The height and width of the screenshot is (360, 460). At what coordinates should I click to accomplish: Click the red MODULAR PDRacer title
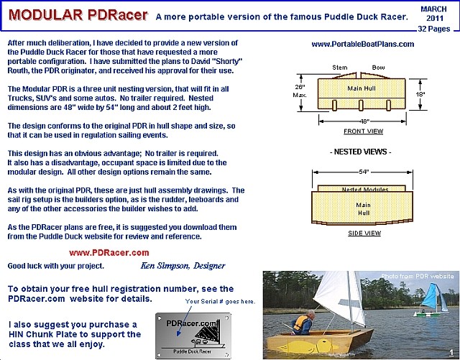pos(78,15)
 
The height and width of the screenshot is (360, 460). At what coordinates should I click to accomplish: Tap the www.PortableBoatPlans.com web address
pos(362,45)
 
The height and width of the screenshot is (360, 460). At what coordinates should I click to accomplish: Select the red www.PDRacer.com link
pos(109,253)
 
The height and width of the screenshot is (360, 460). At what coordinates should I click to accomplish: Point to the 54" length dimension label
pos(364,172)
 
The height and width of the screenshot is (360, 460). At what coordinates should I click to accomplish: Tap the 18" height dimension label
pos(420,94)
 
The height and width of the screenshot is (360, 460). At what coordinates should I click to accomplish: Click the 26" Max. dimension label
pos(300,91)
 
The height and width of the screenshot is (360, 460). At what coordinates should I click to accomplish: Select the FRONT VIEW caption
pos(363,131)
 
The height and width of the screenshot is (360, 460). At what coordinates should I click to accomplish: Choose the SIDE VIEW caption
pos(364,234)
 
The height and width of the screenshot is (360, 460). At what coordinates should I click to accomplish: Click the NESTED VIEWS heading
pos(361,152)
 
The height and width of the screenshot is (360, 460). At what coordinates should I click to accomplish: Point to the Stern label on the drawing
pos(340,68)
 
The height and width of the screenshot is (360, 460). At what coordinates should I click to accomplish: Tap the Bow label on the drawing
pos(378,68)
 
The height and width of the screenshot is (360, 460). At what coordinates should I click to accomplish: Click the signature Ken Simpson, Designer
pos(183,266)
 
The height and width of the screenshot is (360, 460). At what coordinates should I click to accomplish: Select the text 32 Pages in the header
pos(434,29)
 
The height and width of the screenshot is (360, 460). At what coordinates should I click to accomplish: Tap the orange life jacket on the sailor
pos(300,323)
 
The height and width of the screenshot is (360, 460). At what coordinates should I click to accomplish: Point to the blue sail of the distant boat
pos(431,296)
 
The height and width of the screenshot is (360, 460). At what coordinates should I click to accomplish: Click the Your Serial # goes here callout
pos(220,302)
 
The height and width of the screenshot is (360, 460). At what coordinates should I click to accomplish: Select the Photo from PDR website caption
pos(417,276)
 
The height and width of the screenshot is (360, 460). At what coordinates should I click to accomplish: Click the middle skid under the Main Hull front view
pos(361,106)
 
